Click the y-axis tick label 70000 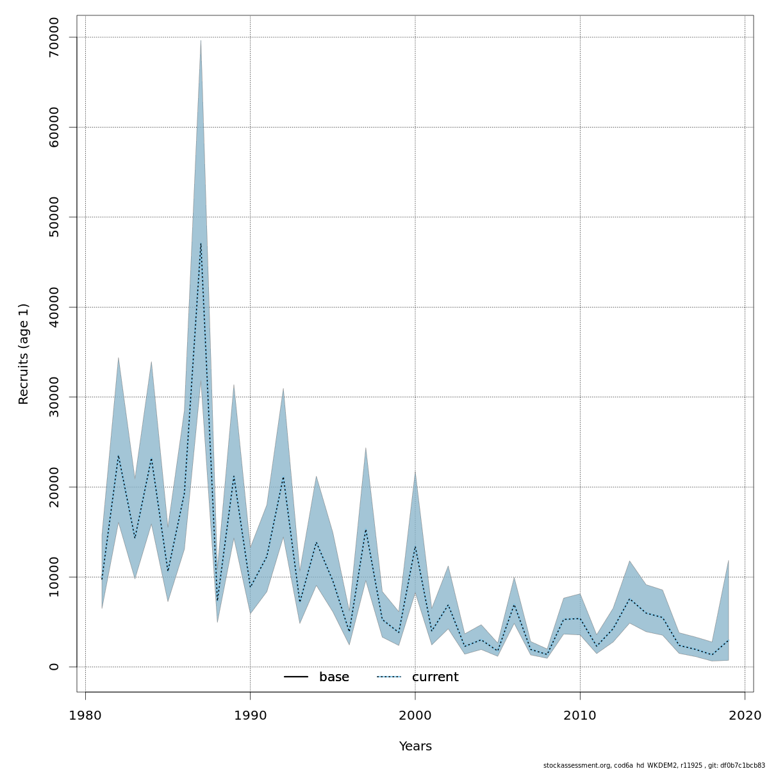click(54, 38)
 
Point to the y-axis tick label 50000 click(54, 217)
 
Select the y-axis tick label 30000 click(54, 397)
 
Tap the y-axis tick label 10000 click(54, 577)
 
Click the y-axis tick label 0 click(54, 667)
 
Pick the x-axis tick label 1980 click(85, 715)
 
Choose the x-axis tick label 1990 click(250, 715)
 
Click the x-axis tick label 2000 click(415, 715)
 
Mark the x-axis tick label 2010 click(580, 715)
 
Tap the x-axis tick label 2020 click(745, 715)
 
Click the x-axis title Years click(415, 747)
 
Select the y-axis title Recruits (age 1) click(24, 354)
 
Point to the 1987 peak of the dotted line click(201, 244)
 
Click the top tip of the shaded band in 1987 click(201, 41)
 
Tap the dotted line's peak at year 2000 click(415, 546)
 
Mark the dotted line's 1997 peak click(366, 529)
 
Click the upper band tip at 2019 click(729, 561)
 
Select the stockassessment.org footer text click(654, 765)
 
